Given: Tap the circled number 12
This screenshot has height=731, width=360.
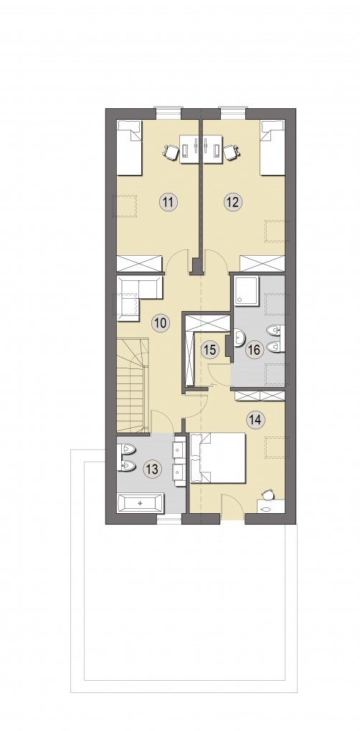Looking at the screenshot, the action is (x=232, y=202).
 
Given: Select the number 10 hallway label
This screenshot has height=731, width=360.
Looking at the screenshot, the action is (x=160, y=322).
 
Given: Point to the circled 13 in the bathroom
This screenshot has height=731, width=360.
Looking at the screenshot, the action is (x=151, y=469).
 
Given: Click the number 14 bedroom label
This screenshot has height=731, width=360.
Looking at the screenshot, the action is (x=255, y=419).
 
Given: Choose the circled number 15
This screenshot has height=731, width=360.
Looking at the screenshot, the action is (x=210, y=349).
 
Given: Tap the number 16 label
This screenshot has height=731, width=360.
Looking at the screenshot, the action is (x=255, y=349).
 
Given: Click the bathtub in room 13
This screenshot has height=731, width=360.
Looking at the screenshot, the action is (x=140, y=504).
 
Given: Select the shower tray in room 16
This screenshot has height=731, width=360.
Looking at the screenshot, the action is (x=247, y=292).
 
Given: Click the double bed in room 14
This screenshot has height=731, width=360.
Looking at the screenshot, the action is (x=218, y=458).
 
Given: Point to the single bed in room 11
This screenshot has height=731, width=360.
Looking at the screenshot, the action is (x=129, y=148).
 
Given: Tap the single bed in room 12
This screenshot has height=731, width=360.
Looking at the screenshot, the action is (x=273, y=148).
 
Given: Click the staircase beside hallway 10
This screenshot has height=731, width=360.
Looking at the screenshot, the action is (x=133, y=386).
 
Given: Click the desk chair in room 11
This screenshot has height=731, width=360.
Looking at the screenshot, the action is (x=171, y=150).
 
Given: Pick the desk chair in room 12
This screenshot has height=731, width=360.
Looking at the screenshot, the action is (x=232, y=151).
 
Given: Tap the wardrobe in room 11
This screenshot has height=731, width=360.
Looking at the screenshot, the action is (x=139, y=264).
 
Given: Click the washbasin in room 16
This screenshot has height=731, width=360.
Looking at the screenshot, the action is (x=239, y=338).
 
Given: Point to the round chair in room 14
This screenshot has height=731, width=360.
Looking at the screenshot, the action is (x=267, y=494).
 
